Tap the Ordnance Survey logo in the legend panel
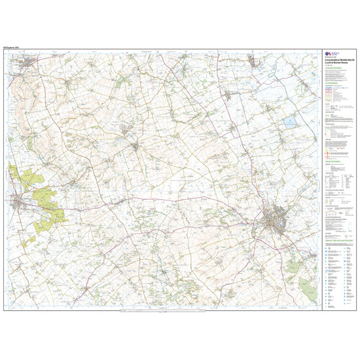(x=329, y=55)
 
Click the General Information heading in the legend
(x=334, y=160)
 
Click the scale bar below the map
(x=164, y=310)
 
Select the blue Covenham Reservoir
(x=289, y=122)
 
